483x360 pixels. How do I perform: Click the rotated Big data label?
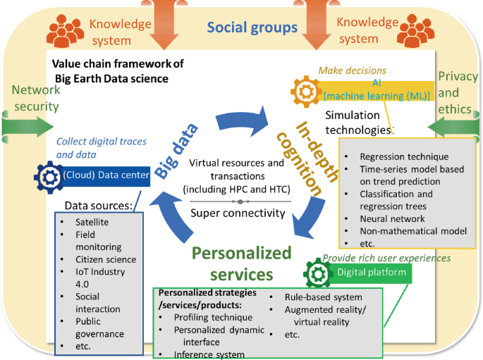point(173,149)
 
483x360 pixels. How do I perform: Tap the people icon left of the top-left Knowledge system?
point(65,30)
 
